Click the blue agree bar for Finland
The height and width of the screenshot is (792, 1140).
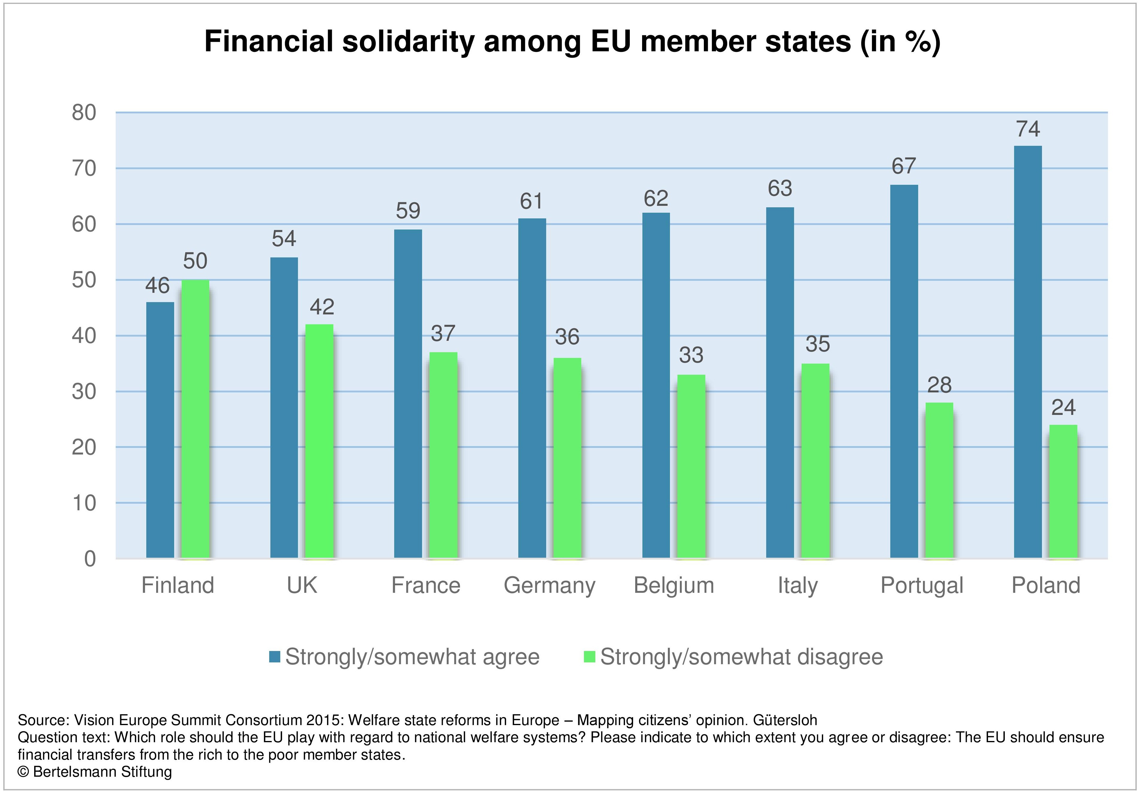coord(160,430)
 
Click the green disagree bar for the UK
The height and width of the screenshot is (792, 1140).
coord(319,441)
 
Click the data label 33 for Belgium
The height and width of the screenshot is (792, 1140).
coord(691,355)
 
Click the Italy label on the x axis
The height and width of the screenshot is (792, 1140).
coord(797,586)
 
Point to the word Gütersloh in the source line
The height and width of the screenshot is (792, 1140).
coord(785,720)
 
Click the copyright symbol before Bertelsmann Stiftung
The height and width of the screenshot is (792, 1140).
coord(23,772)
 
